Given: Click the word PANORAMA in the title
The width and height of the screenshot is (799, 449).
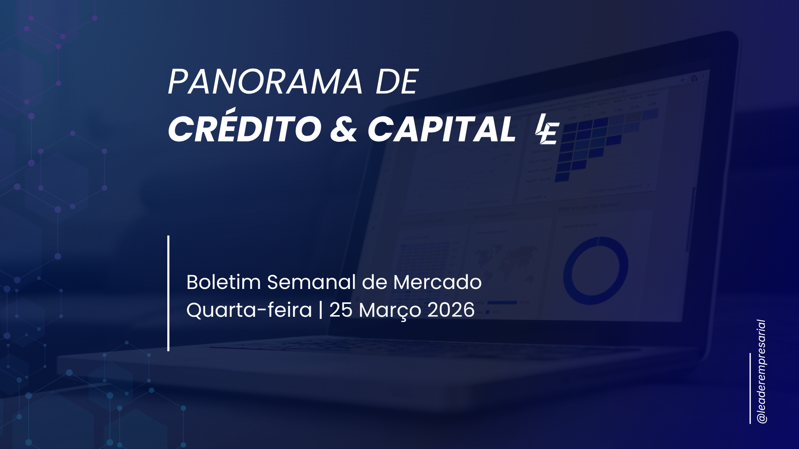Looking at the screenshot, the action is pyautogui.click(x=265, y=82).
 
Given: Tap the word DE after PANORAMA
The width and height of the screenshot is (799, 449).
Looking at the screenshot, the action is pyautogui.click(x=397, y=82).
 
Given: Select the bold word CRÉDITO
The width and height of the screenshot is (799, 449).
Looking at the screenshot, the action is pyautogui.click(x=245, y=128).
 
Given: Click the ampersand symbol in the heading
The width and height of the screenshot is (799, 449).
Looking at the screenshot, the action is pyautogui.click(x=344, y=129).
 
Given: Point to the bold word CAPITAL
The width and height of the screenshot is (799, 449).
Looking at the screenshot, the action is pyautogui.click(x=442, y=129).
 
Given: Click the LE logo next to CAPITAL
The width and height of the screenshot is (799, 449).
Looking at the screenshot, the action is pyautogui.click(x=547, y=129).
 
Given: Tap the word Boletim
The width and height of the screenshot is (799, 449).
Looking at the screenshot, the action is pyautogui.click(x=223, y=282).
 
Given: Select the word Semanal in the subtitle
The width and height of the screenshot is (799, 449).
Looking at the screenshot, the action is pyautogui.click(x=311, y=282).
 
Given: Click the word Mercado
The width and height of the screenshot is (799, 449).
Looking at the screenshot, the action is pyautogui.click(x=437, y=282).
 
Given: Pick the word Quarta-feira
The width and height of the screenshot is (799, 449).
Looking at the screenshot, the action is pyautogui.click(x=249, y=310).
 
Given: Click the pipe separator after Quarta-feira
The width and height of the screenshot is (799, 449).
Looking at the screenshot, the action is pyautogui.click(x=320, y=310).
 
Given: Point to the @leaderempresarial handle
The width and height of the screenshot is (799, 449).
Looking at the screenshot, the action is pyautogui.click(x=762, y=372).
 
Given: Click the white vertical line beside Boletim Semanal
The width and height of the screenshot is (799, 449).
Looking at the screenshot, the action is pyautogui.click(x=168, y=294).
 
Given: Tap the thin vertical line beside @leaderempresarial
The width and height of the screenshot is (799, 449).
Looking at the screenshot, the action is pyautogui.click(x=750, y=389).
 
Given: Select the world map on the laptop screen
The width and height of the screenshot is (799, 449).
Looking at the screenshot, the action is pyautogui.click(x=506, y=260).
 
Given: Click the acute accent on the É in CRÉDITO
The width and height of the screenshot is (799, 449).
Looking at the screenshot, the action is pyautogui.click(x=231, y=111).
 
